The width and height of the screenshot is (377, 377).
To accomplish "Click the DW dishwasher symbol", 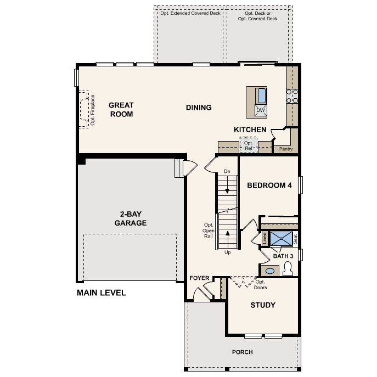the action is click(261, 110).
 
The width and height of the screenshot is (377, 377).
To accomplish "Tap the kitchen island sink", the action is click(261, 95).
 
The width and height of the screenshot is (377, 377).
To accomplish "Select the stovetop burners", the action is click(292, 96).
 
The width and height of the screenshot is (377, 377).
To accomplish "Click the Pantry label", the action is click(286, 149).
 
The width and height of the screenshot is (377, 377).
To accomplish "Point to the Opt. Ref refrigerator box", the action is click(249, 145).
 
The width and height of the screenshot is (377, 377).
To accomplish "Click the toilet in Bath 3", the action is click(288, 268).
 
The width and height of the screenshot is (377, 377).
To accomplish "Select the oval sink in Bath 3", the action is click(270, 271).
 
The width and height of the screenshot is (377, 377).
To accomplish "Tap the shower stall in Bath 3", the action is click(282, 239).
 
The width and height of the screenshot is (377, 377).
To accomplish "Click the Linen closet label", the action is click(265, 239).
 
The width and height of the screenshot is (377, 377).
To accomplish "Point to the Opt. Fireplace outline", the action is click(84, 110).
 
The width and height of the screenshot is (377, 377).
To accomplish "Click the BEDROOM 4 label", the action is click(269, 185).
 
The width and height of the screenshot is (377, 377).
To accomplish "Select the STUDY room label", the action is click(263, 305).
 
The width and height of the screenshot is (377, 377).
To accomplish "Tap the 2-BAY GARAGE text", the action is click(131, 218).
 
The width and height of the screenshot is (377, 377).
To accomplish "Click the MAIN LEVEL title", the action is click(101, 293).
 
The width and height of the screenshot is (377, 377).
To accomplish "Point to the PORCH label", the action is click(243, 352).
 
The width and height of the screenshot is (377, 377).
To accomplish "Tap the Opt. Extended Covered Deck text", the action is click(190, 13).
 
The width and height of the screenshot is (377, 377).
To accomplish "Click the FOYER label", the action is click(199, 278).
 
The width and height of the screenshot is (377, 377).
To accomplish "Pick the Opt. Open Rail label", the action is click(208, 230).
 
